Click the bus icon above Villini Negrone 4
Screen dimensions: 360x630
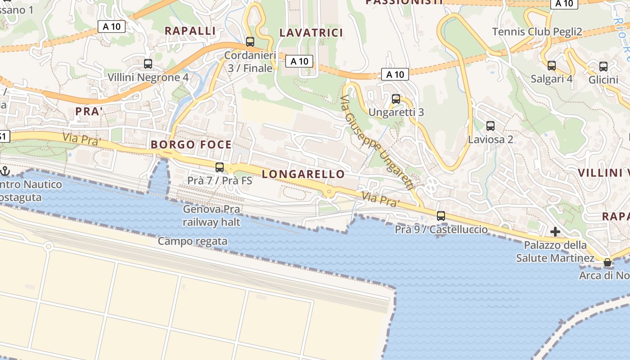pyautogui.click(x=148, y=64)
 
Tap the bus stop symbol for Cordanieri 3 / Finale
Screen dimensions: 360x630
pyautogui.click(x=250, y=42)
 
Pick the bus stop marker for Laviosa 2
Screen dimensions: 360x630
pyautogui.click(x=490, y=126)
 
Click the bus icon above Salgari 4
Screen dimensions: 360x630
pyautogui.click(x=552, y=66)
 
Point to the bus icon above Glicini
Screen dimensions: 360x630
pyautogui.click(x=603, y=67)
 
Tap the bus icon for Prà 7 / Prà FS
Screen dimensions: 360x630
pyautogui.click(x=220, y=167)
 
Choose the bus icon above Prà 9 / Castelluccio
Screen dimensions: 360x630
pyautogui.click(x=441, y=216)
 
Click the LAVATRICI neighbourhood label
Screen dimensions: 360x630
pyautogui.click(x=311, y=33)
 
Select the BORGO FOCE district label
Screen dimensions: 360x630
pyautogui.click(x=192, y=145)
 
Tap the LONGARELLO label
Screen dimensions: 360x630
pyautogui.click(x=303, y=175)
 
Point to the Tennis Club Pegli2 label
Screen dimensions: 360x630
pyautogui.click(x=537, y=32)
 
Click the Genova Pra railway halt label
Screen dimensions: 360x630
pyautogui.click(x=211, y=216)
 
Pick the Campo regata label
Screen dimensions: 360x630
pyautogui.click(x=193, y=242)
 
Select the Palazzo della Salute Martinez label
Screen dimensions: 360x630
pyautogui.click(x=555, y=252)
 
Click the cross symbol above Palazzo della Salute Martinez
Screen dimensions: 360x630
pyautogui.click(x=555, y=232)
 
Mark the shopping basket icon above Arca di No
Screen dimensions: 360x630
pyautogui.click(x=607, y=262)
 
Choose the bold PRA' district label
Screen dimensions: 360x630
pyautogui.click(x=89, y=112)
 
